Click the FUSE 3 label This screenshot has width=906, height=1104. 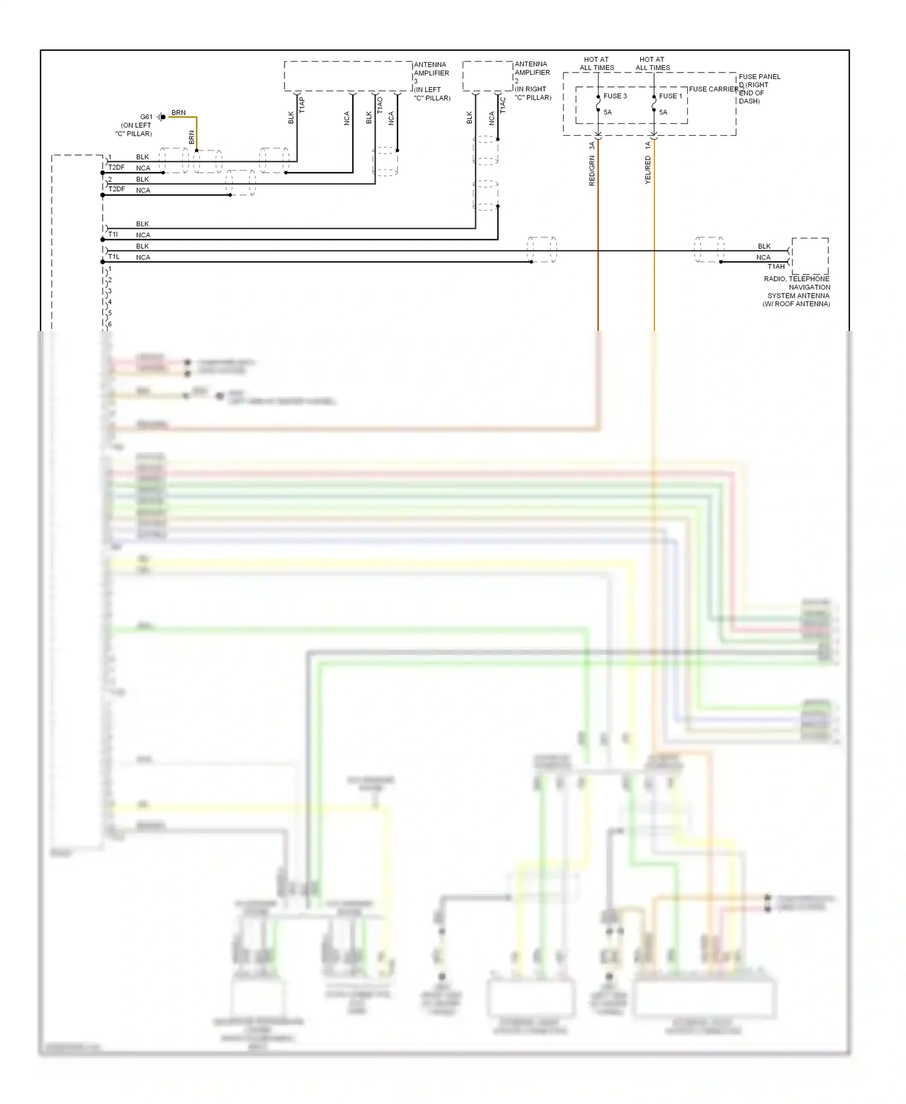615,96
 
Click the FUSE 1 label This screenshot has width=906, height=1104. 670,96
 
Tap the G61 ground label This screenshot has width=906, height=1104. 146,117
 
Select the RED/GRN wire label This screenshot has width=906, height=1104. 592,170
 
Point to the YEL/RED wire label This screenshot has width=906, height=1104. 647,170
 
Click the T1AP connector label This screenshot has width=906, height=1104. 302,105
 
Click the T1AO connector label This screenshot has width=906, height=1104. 380,106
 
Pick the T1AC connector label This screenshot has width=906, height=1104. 503,106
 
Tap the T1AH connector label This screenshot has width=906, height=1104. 776,266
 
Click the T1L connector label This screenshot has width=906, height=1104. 114,257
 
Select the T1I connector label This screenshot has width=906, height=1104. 113,234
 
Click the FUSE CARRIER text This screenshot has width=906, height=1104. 713,89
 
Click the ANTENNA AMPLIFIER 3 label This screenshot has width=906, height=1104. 431,77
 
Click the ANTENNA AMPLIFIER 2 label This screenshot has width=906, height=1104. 532,76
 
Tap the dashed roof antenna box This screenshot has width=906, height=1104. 810,256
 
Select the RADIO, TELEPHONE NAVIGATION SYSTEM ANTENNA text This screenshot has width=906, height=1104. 797,291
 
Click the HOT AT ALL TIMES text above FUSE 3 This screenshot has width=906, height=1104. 597,63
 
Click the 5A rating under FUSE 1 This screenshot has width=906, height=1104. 663,112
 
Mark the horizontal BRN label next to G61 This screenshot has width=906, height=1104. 178,113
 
